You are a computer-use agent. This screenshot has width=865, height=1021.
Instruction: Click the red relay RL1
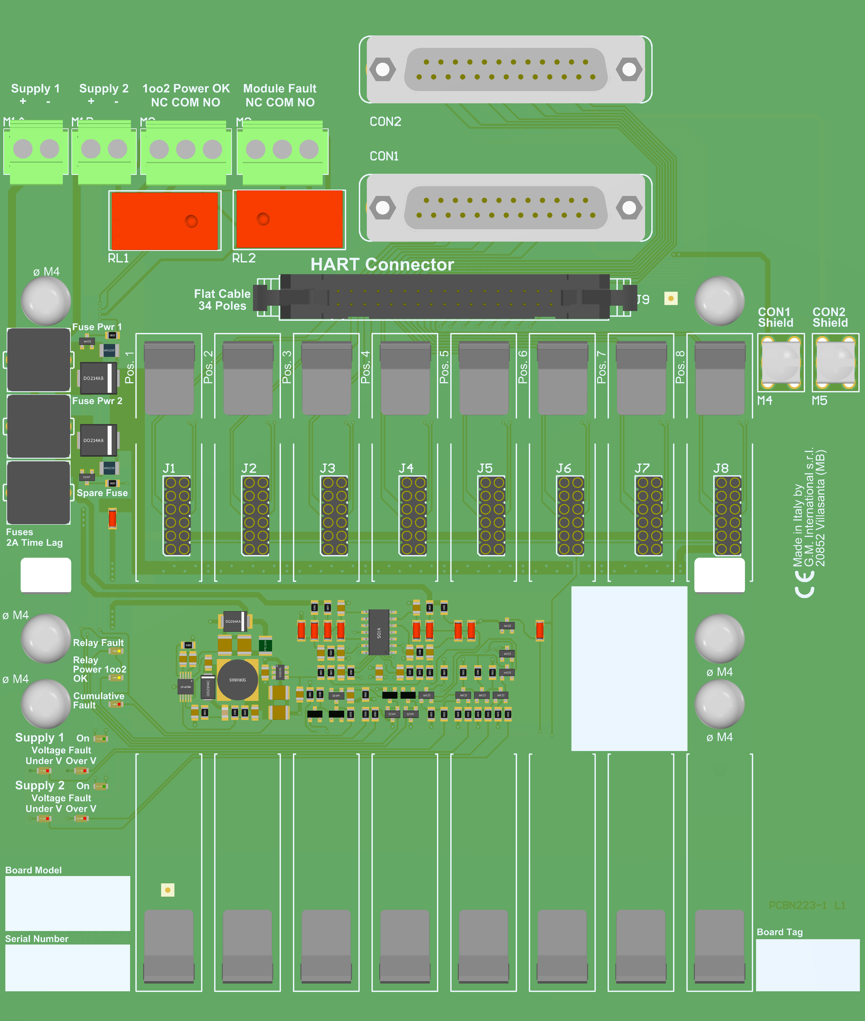pos(165,221)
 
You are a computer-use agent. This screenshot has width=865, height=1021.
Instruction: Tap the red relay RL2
pos(289,219)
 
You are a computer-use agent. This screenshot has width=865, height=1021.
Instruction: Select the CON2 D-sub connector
pos(506,70)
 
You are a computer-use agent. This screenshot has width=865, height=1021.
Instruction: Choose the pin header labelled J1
pos(177,515)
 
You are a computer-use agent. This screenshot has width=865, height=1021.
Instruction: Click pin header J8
pos(727,515)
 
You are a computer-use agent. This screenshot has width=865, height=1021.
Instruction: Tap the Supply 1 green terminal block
pos(36,152)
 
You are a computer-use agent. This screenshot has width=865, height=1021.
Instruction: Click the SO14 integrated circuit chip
pos(379,632)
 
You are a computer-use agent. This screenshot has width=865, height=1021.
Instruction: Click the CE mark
pos(804,585)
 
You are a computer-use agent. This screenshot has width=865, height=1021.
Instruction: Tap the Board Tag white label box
pos(807,965)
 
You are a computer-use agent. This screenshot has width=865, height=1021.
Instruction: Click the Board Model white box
pos(68,903)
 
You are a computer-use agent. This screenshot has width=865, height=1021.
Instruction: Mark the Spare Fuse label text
pos(102,493)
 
